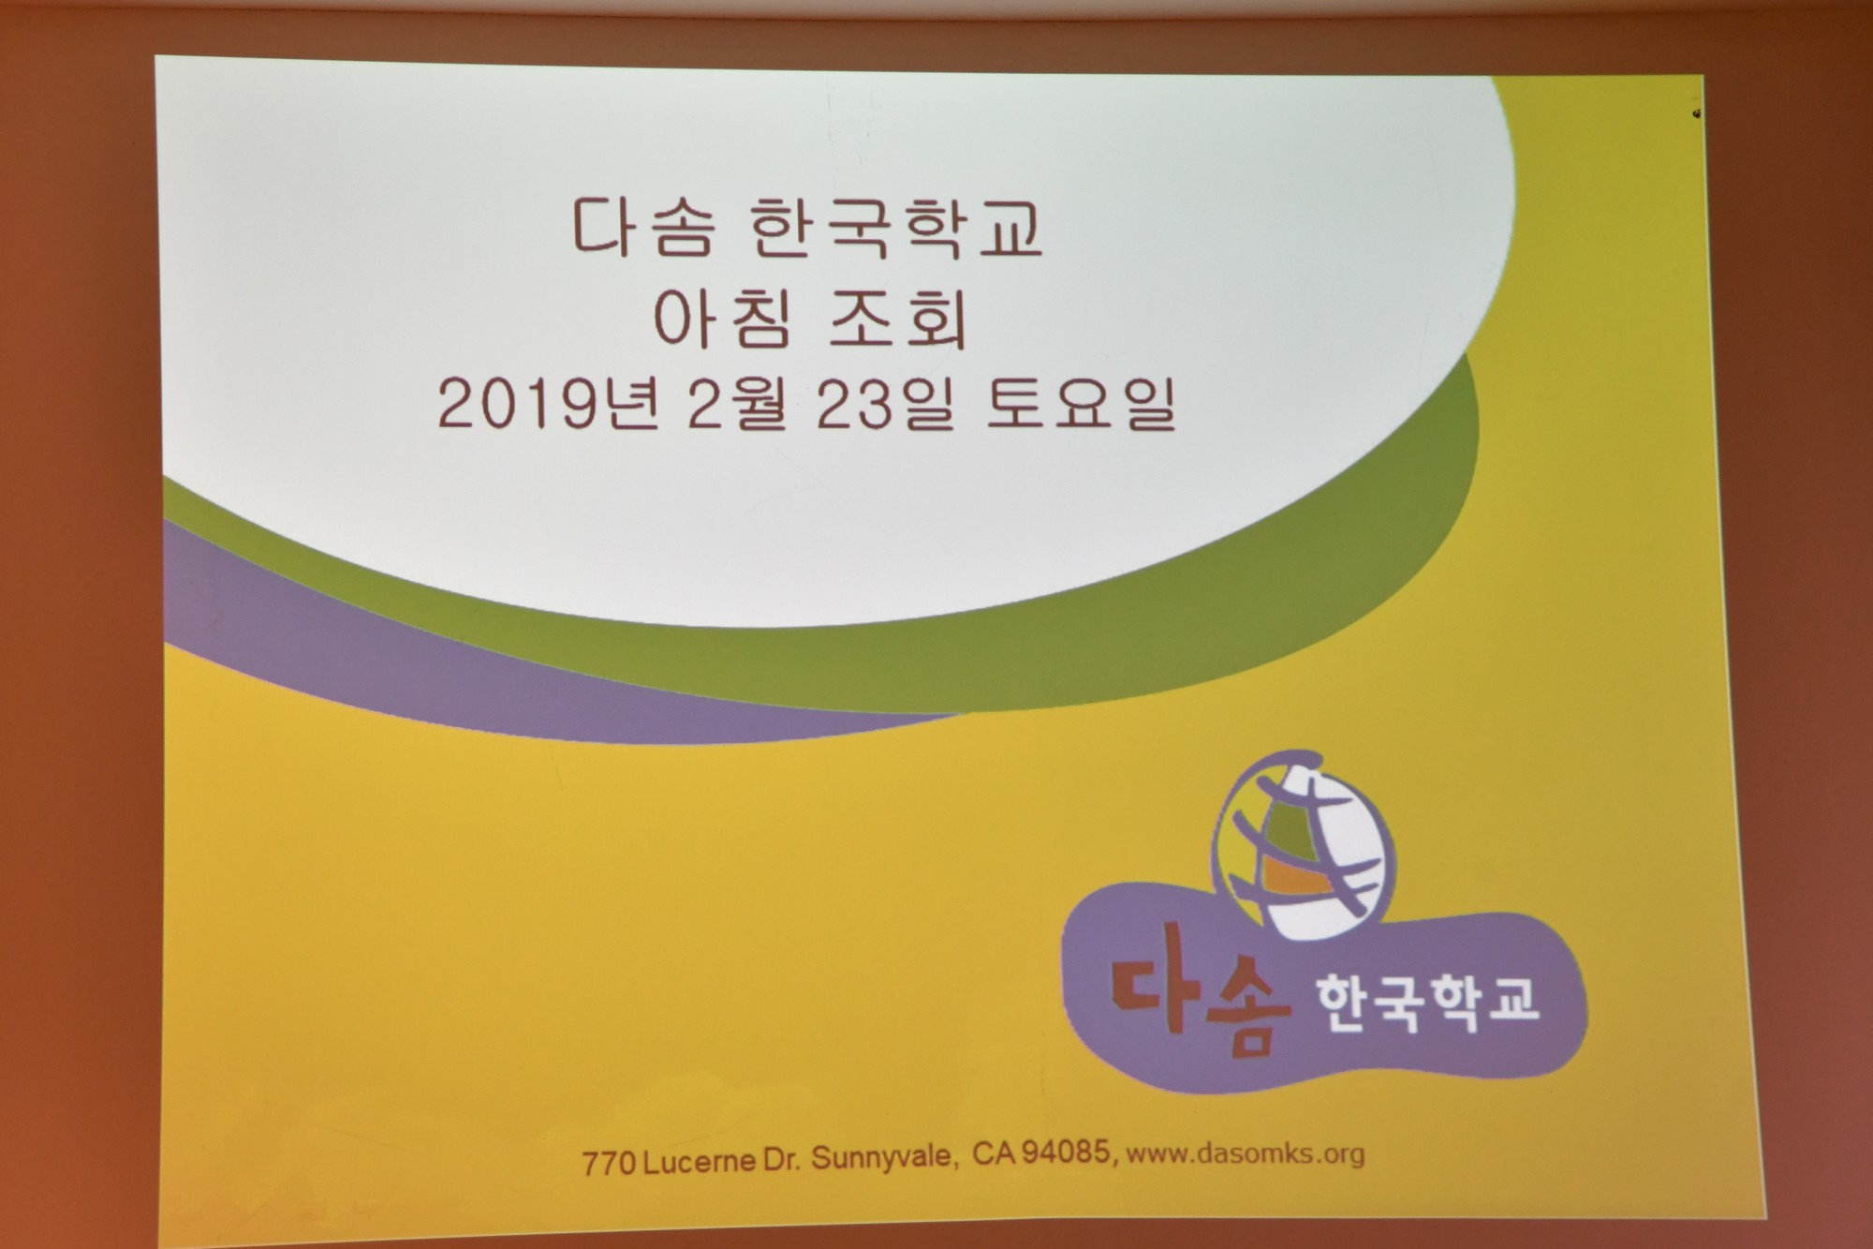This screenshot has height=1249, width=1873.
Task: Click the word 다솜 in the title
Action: coord(644,227)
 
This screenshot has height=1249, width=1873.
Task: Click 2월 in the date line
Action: coord(737,405)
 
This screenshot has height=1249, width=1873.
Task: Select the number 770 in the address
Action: coord(610,1163)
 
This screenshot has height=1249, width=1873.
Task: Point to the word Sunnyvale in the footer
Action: coord(883,1159)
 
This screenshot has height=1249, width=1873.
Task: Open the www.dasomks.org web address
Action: coord(1245,1152)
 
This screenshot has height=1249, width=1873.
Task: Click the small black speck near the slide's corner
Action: coord(1697,113)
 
